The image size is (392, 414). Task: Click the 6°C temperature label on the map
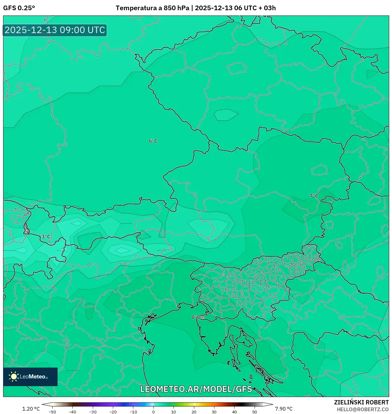point(153,141)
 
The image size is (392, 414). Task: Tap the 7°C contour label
point(314,196)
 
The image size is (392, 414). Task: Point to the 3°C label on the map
point(46,237)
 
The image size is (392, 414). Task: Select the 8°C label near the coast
point(197,317)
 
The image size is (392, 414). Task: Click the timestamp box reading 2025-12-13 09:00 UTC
point(55,30)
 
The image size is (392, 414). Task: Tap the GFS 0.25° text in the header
point(19,8)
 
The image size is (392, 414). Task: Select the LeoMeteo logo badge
point(30,377)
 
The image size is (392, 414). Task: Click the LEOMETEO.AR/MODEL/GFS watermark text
point(196,389)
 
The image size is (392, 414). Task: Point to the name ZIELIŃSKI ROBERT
point(361,403)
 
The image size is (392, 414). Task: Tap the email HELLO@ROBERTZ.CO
point(363,409)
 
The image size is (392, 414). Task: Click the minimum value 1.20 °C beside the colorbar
point(31,409)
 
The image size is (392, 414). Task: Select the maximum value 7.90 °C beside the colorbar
point(284,409)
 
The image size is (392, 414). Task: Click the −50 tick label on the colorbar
point(52,412)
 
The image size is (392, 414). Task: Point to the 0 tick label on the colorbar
point(153,412)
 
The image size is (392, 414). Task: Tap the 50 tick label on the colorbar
point(254,412)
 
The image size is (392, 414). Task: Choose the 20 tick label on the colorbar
point(194,412)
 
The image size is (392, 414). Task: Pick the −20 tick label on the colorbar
point(113,412)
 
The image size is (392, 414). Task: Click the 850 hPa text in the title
point(176,8)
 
